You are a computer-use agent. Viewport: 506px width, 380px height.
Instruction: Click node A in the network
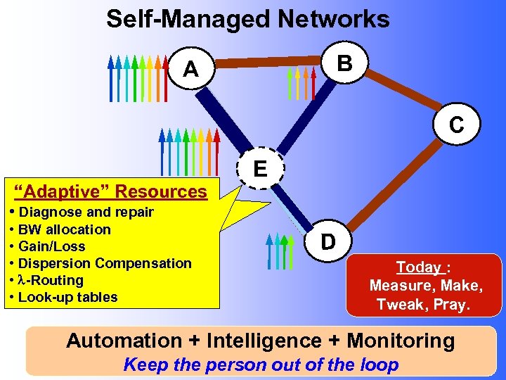(x=190, y=69)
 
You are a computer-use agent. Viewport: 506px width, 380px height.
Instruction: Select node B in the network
(x=344, y=63)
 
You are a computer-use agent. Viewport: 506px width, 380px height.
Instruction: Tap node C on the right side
(x=457, y=125)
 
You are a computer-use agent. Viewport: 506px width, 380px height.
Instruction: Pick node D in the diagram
(x=327, y=241)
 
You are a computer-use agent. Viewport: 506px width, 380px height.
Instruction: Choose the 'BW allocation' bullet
(x=64, y=229)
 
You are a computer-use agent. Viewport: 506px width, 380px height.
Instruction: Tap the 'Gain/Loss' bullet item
(x=51, y=246)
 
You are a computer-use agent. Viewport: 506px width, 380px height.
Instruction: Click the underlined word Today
(x=418, y=267)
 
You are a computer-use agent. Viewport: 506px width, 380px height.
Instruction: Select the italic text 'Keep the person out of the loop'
(x=261, y=365)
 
